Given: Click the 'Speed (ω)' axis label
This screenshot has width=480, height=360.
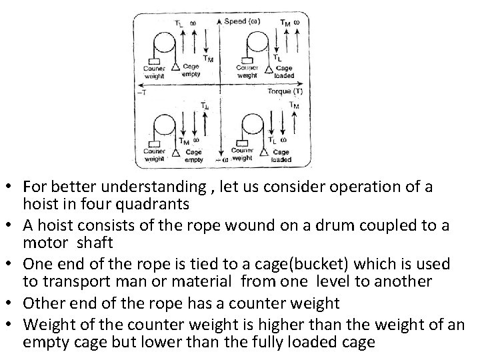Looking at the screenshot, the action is pyautogui.click(x=242, y=21).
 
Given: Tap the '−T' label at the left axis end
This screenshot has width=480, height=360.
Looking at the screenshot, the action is pyautogui.click(x=141, y=93).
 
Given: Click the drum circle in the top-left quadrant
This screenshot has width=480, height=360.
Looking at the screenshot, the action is pyautogui.click(x=163, y=44).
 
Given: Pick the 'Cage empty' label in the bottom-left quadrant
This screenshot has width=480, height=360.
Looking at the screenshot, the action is pyautogui.click(x=194, y=155).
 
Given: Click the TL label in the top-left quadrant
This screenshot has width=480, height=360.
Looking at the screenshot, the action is pyautogui.click(x=179, y=24).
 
